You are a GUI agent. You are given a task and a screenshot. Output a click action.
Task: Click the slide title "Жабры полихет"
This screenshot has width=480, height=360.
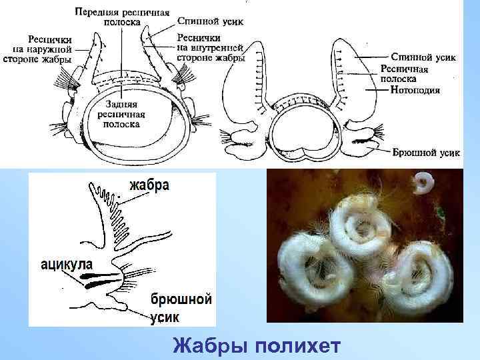257,347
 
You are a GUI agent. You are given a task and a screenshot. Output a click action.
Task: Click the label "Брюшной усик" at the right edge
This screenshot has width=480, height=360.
426,153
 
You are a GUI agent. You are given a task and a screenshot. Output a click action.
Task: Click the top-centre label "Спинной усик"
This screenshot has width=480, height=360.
211,21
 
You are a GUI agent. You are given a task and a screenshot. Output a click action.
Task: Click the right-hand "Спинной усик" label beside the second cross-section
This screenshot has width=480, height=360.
423,57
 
